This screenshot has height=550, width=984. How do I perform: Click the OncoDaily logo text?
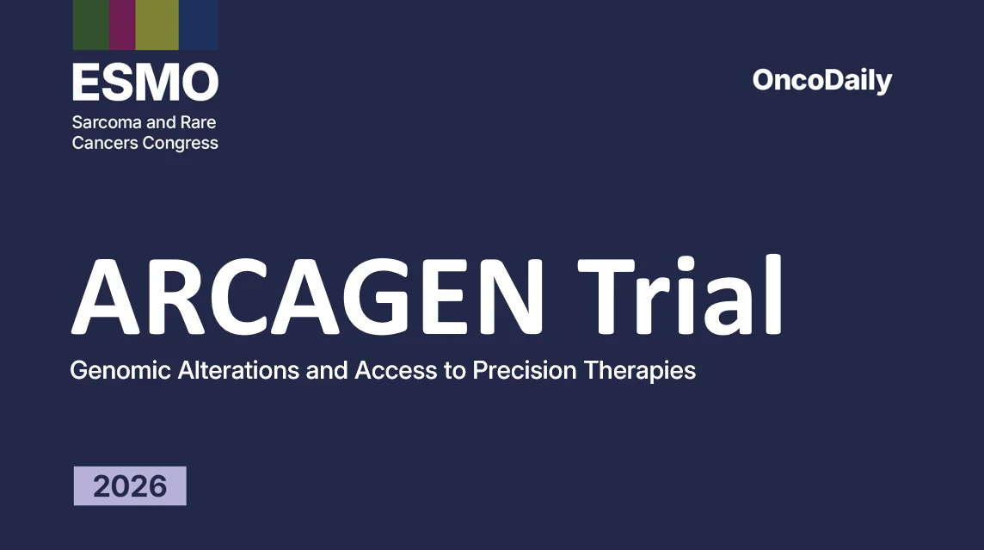point(821,81)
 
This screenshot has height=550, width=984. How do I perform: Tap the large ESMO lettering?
point(145,83)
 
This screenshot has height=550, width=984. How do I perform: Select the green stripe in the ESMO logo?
point(90,24)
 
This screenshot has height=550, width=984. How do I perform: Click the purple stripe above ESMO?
point(122,24)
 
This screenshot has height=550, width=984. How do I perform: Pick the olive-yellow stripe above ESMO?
point(157,24)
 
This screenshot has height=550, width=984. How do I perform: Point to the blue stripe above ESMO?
point(199,24)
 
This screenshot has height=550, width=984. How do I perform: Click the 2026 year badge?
point(130,486)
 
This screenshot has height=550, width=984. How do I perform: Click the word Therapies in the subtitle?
point(640,371)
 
